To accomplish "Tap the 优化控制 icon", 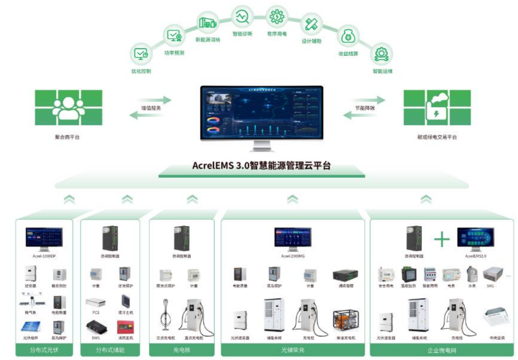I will [141, 54].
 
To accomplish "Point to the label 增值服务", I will [151, 109].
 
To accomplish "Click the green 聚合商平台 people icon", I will [68, 108].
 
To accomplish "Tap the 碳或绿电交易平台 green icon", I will [437, 108].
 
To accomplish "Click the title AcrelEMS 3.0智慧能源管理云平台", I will [261, 167].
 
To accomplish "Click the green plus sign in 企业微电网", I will [442, 239].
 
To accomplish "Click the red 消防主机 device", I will [125, 326].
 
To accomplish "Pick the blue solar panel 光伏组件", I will [31, 326].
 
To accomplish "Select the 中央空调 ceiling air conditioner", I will [496, 318].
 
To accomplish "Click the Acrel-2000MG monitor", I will [293, 238].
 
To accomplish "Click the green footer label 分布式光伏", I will [44, 350].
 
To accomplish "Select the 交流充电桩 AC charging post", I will [166, 314].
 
